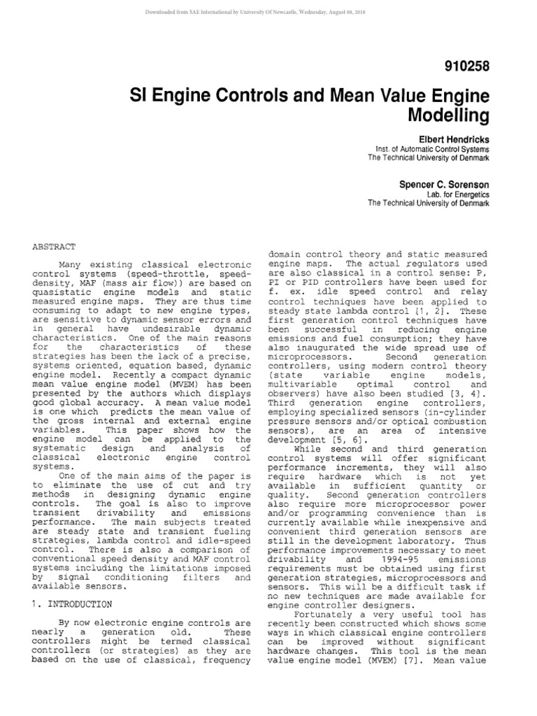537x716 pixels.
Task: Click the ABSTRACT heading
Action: pos(55,247)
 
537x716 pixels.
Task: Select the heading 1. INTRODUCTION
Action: pos(72,603)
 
